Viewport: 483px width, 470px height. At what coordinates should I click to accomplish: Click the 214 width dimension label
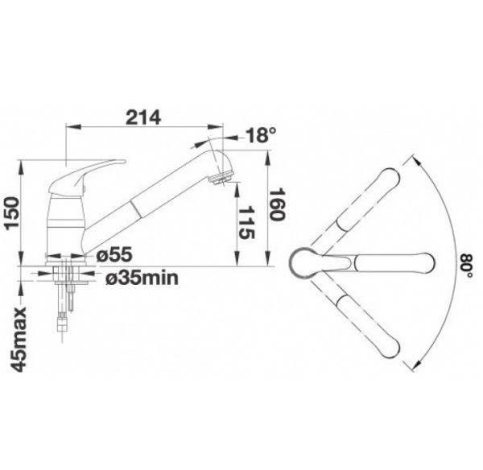pyautogui.click(x=143, y=117)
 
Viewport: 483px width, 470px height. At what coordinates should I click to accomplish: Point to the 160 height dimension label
pyautogui.click(x=277, y=204)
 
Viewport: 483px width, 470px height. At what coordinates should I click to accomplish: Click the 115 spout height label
pyautogui.click(x=247, y=223)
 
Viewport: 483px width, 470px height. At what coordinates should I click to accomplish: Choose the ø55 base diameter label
pyautogui.click(x=114, y=254)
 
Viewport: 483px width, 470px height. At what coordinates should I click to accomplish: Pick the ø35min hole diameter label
pyautogui.click(x=142, y=278)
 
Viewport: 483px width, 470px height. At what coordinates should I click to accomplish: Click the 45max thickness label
pyautogui.click(x=19, y=340)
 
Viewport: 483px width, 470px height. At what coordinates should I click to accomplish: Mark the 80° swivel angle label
pyautogui.click(x=466, y=266)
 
